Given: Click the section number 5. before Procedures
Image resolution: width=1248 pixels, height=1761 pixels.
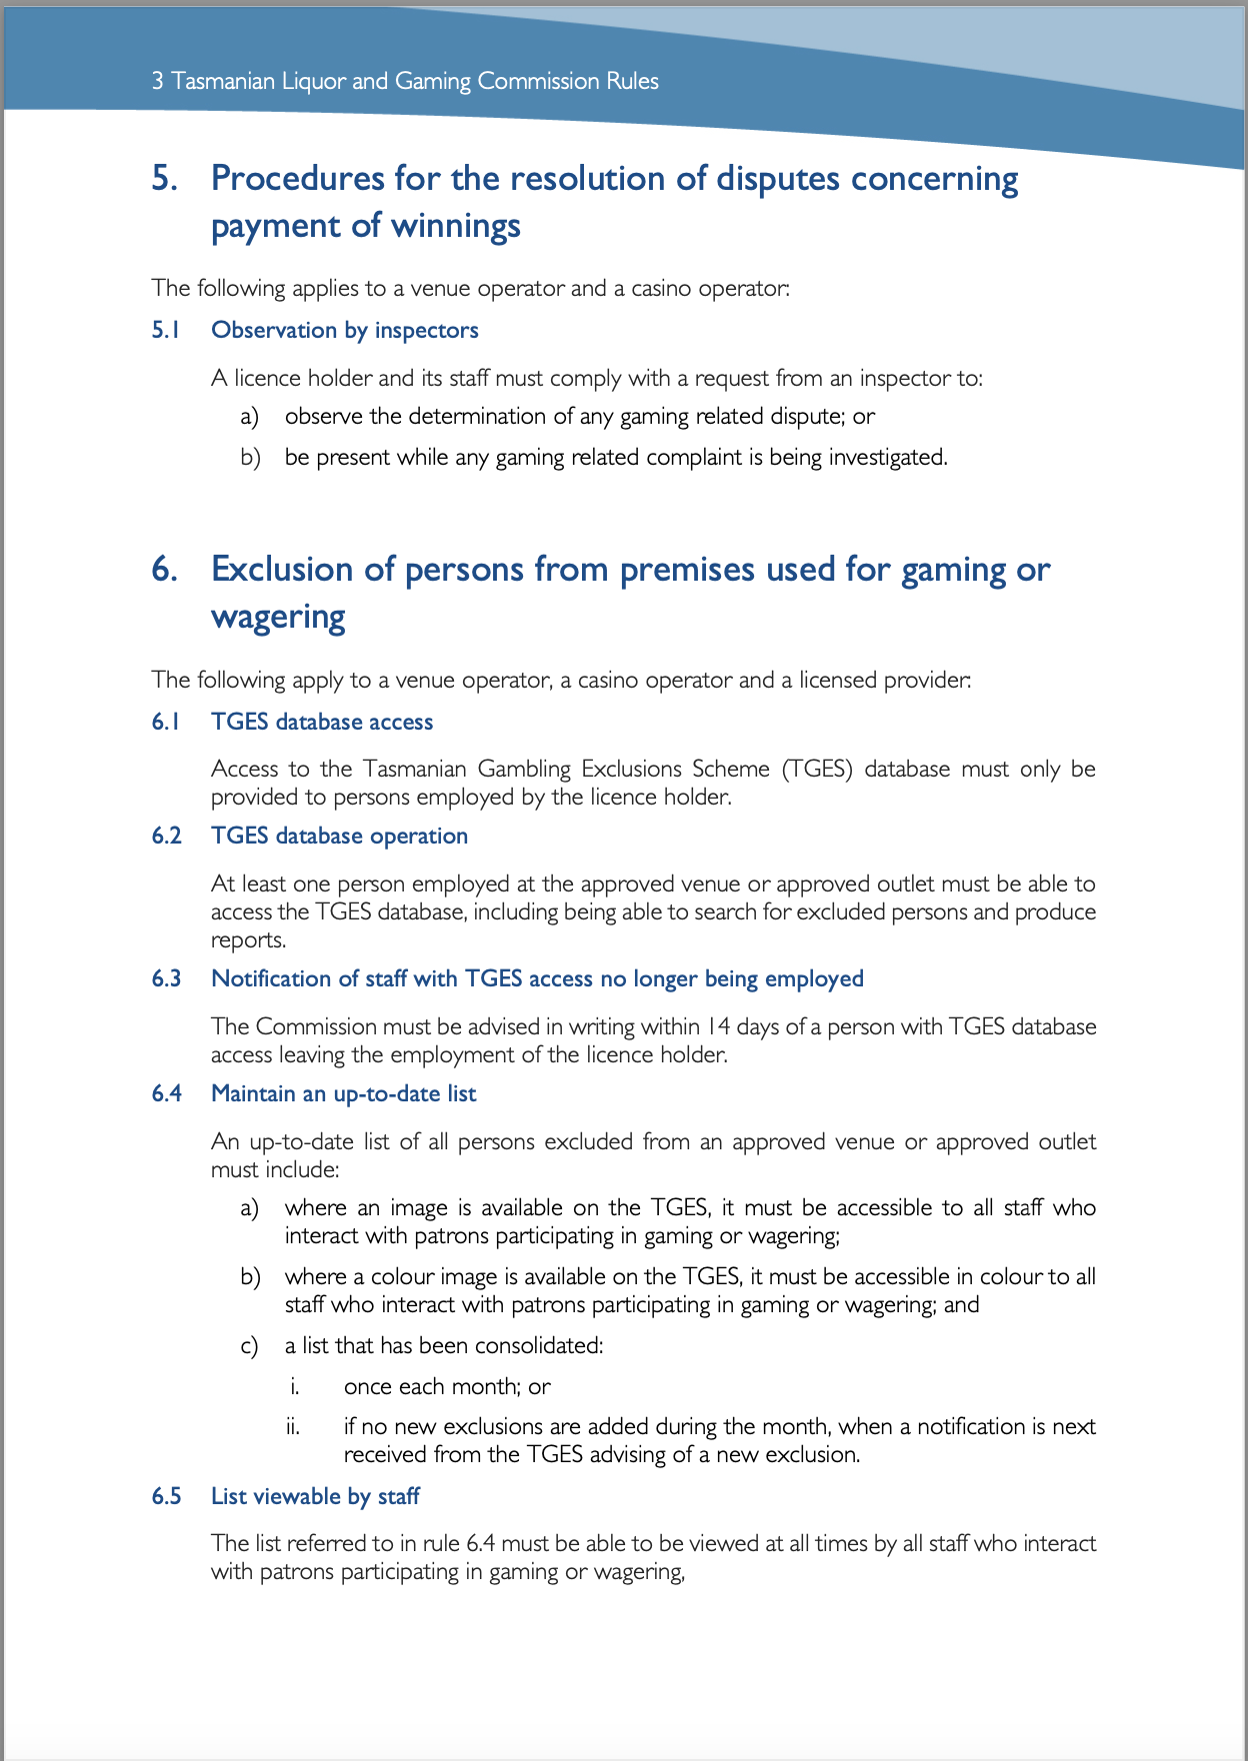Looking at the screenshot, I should [x=164, y=179].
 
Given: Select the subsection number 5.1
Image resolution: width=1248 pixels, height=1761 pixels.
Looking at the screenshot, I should [x=165, y=331].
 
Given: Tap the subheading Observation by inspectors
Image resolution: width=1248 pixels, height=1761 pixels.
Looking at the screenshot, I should [x=344, y=331].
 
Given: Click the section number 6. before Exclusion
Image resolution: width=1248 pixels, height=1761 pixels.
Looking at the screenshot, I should [x=165, y=570].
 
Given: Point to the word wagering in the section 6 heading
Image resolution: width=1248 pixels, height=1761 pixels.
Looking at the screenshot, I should [x=277, y=618].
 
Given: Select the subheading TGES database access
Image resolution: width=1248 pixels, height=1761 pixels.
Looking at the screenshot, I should [x=322, y=723].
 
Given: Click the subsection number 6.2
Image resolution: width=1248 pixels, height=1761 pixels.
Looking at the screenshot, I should [x=166, y=837].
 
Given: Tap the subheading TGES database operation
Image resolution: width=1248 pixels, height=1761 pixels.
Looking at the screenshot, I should [x=339, y=837].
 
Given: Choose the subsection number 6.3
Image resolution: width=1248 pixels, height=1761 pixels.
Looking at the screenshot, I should [x=166, y=979].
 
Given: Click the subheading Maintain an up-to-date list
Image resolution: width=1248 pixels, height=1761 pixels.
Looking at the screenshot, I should [x=343, y=1094].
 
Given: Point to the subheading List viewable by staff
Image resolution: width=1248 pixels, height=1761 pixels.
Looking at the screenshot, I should [x=315, y=1497].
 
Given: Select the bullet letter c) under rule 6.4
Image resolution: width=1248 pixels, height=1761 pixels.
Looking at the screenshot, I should [x=249, y=1346].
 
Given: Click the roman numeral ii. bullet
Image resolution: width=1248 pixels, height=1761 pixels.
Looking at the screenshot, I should [x=292, y=1427].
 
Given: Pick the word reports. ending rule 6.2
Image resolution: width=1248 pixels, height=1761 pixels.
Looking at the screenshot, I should [x=248, y=940].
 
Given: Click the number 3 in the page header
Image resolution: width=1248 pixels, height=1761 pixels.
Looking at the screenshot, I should [x=157, y=81].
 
